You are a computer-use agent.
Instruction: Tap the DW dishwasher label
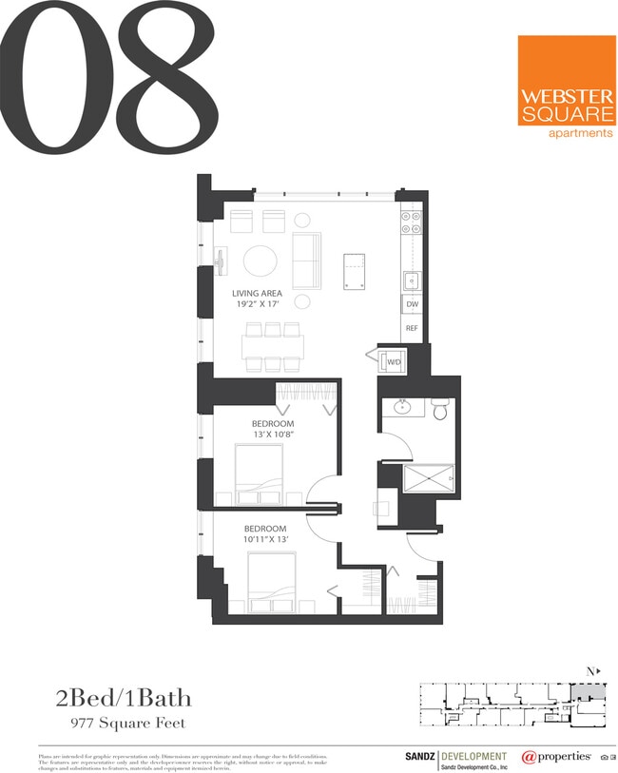412,304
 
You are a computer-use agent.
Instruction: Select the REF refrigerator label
412,328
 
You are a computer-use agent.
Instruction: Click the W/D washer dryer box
393,362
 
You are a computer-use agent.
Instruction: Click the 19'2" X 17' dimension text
260,306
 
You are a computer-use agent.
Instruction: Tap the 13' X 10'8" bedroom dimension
273,435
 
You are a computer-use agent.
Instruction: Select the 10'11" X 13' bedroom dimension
265,540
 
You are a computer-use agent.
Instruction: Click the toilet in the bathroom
439,409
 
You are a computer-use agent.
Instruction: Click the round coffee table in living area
261,261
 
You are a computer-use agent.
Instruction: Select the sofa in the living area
306,260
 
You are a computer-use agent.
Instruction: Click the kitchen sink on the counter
412,280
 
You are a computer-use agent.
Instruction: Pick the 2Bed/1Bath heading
123,699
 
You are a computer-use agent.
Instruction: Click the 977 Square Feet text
128,724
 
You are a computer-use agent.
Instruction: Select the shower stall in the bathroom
429,474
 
